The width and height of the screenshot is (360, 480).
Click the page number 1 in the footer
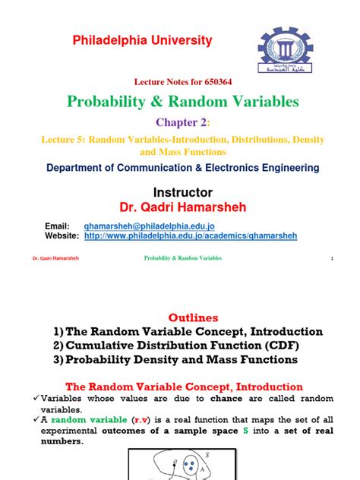[x=332, y=259]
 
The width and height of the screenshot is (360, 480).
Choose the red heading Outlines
[x=185, y=317]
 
